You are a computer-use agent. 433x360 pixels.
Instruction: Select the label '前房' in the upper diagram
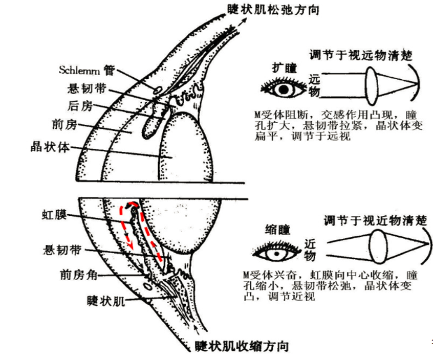64,124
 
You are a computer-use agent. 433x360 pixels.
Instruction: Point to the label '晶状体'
50,145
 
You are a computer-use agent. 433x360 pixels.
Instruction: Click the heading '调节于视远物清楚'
361,55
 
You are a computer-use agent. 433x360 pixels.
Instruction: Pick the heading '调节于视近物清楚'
375,220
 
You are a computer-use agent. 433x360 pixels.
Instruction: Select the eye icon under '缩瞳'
276,252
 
